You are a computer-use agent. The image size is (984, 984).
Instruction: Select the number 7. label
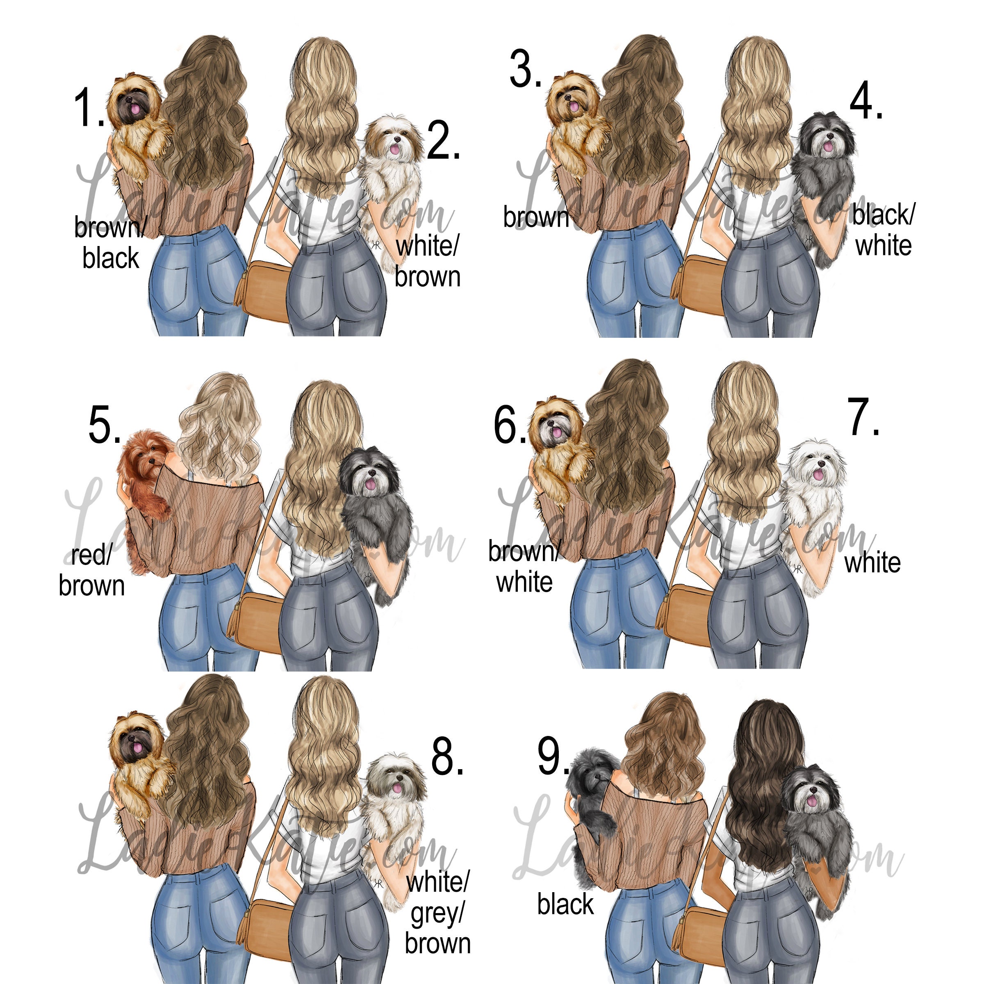point(864,418)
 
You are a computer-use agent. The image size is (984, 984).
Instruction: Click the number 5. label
point(105,425)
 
